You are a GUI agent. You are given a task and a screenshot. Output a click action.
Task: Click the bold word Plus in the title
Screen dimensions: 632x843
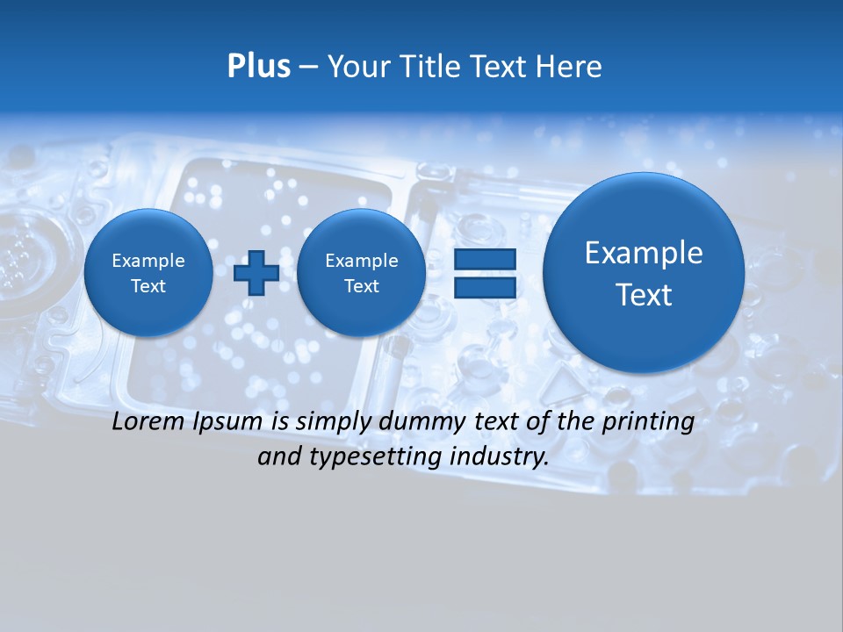point(258,67)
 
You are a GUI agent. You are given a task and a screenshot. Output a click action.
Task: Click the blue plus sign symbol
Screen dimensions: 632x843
point(256,272)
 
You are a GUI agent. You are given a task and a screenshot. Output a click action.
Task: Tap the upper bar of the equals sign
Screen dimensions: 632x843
point(485,260)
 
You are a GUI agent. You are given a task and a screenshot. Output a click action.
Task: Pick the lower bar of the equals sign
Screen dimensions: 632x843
point(485,286)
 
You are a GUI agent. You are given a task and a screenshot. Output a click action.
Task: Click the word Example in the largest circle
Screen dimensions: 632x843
point(644,253)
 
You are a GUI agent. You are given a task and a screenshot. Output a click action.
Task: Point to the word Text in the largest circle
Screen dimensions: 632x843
point(644,295)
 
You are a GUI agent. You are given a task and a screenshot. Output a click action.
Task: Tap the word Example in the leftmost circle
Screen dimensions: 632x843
point(148,261)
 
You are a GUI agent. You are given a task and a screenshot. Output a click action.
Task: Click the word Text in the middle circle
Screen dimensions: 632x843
point(361,286)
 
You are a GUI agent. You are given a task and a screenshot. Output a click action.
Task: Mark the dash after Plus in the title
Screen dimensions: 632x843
point(307,68)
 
